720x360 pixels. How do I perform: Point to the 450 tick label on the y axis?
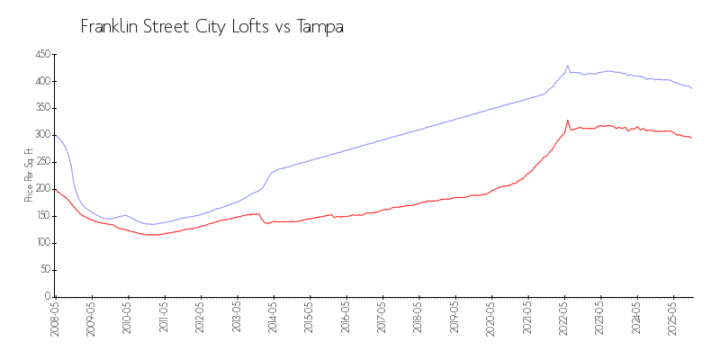click(40, 55)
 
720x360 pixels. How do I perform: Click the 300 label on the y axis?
click(40, 135)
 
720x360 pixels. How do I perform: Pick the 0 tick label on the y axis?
click(46, 296)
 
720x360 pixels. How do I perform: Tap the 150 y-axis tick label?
click(40, 216)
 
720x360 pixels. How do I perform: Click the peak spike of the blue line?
click(568, 66)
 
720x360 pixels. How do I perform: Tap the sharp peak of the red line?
click(568, 120)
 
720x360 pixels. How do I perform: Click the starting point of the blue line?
click(56, 135)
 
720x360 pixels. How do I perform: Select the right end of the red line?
click(691, 138)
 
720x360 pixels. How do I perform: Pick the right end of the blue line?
click(691, 88)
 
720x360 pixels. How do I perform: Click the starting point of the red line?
click(56, 190)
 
